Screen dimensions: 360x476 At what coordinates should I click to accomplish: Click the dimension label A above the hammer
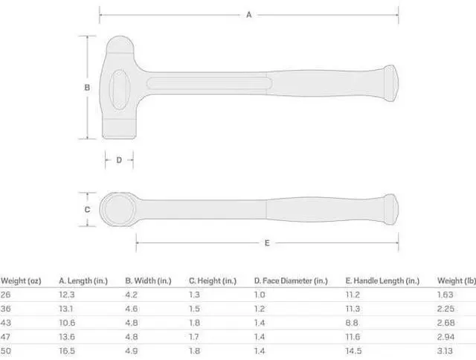coord(248,14)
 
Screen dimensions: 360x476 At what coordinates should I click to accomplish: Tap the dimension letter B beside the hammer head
coord(87,87)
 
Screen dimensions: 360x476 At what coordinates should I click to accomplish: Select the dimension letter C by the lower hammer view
coord(87,210)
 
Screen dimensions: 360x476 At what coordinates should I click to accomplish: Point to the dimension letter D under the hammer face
coord(119,159)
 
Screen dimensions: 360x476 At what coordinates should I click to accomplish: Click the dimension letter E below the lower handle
coord(266,242)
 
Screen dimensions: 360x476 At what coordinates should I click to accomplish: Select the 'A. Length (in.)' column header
coord(83,280)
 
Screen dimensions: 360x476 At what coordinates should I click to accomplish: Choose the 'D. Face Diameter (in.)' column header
coord(290,280)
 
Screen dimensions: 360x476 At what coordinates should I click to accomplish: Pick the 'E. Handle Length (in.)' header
coord(382,280)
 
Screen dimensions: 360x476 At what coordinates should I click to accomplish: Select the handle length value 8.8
coord(352,322)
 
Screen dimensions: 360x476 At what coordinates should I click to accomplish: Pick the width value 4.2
coord(130,295)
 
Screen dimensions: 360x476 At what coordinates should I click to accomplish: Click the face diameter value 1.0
coord(260,295)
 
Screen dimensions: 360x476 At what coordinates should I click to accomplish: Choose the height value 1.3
coord(193,295)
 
